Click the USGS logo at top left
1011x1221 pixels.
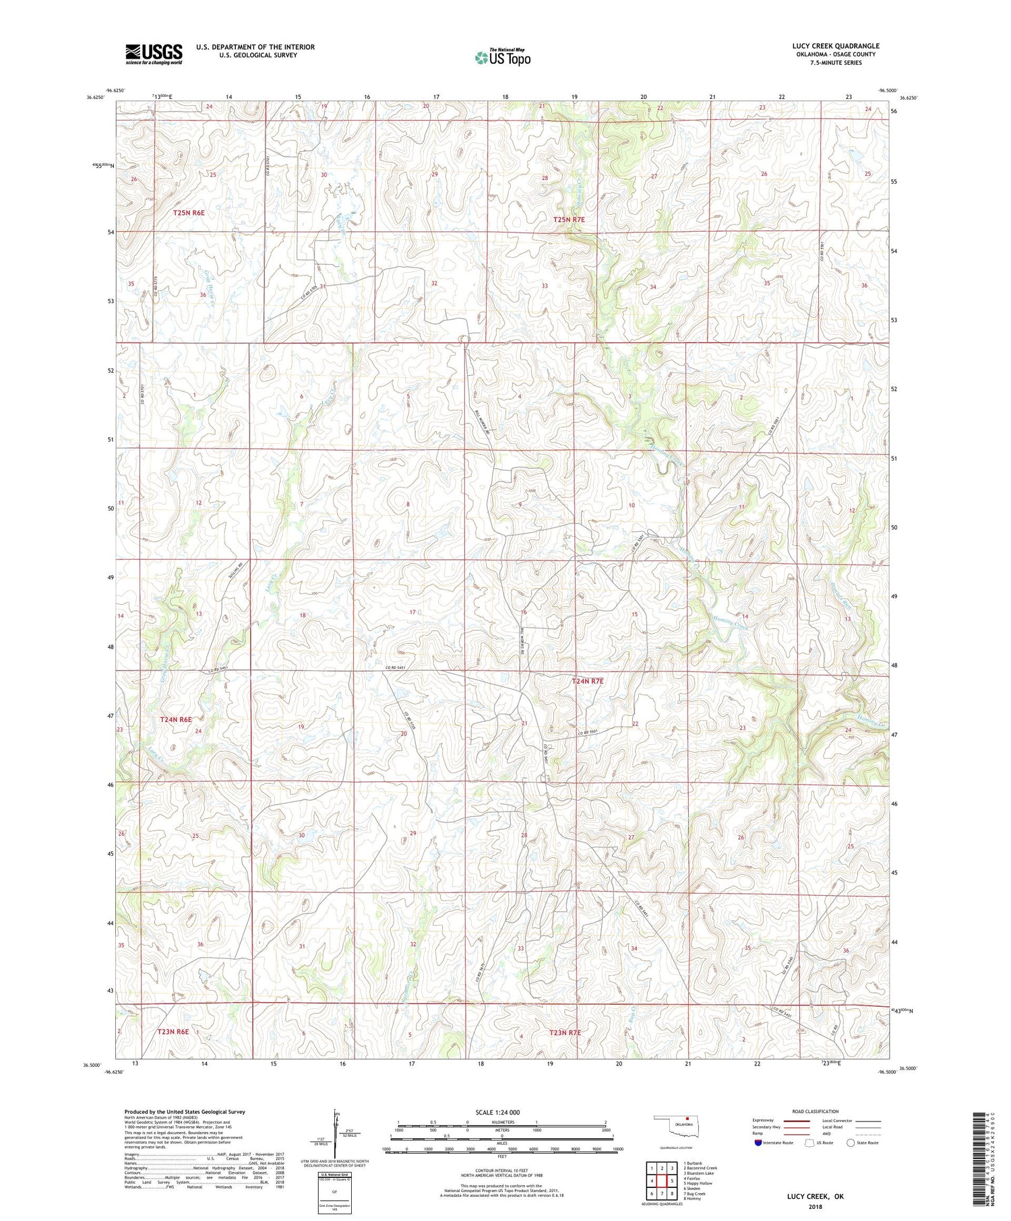tap(153, 54)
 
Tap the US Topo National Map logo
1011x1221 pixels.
tap(502, 57)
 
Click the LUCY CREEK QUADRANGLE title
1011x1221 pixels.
tap(835, 46)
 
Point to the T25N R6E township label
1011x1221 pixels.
tap(189, 212)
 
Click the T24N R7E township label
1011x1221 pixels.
tap(587, 681)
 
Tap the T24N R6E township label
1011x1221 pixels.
tap(181, 720)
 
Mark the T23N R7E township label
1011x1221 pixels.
tap(564, 1032)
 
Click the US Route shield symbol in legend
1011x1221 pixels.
tap(809, 1143)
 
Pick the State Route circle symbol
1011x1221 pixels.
tap(851, 1143)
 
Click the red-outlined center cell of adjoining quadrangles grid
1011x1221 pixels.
tap(662, 1181)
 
